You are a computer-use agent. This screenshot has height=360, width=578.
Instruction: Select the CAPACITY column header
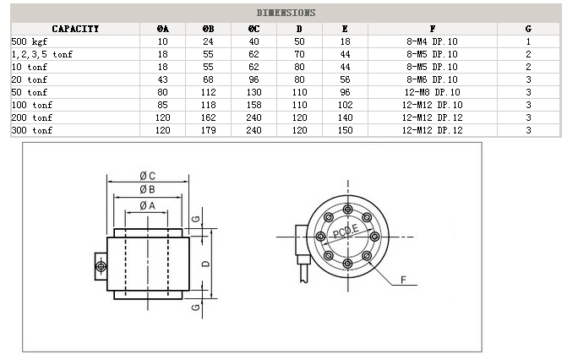(x=75, y=29)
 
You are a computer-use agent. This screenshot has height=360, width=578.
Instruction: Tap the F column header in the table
(x=432, y=29)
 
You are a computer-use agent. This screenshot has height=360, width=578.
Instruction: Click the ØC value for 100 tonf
(x=254, y=105)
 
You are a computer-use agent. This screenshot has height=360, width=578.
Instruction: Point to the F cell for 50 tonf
(x=432, y=92)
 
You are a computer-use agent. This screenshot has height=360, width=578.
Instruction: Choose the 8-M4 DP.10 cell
(x=432, y=41)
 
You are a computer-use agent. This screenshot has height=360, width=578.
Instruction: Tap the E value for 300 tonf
(x=345, y=130)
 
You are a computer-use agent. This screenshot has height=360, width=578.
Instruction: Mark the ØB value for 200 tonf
(x=208, y=117)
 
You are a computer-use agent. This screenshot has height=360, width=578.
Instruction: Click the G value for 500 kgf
(x=528, y=41)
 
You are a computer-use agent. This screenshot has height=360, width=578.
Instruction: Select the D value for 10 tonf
(x=299, y=67)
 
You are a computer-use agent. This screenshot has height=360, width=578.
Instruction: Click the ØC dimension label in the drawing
(x=147, y=176)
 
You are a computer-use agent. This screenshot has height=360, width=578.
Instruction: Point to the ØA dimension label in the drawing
(x=147, y=205)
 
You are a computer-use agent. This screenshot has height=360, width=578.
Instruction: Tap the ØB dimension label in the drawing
(x=147, y=190)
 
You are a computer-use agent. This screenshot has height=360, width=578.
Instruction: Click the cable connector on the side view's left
(x=100, y=267)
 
